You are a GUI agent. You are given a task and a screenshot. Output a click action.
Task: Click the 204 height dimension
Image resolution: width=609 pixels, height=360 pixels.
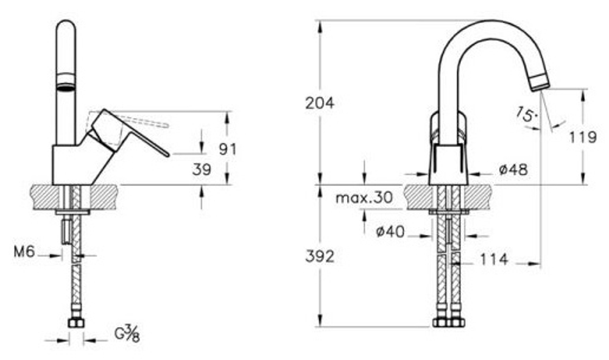319,104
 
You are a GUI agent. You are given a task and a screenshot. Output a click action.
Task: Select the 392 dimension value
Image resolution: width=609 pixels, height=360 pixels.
319,256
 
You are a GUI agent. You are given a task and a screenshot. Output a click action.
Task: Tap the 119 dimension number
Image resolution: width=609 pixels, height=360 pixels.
583,137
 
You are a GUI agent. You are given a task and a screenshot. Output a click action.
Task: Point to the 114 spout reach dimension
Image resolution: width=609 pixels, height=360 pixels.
494,259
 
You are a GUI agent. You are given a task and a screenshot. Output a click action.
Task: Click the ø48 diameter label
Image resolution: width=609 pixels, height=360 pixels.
513,169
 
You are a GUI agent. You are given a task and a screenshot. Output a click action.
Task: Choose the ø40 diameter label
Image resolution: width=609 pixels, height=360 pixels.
390,232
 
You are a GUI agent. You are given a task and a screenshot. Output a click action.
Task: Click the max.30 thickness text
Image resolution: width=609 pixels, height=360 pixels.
364,198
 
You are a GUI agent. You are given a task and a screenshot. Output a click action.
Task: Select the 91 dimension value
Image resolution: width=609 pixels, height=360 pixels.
227,149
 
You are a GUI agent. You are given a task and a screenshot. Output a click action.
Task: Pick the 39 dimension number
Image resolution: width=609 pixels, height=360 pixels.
202,169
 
